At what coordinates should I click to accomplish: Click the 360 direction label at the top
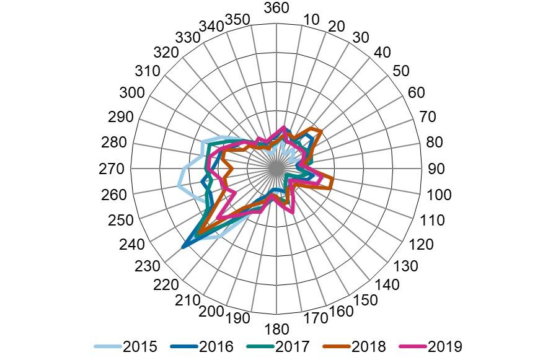pos(276,8)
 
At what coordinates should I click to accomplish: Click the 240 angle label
pos(131,245)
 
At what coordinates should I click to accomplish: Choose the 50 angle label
pos(401,71)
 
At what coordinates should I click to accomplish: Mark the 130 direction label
pos(407,266)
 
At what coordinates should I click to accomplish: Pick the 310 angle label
pos(148,71)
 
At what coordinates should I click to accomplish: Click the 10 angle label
pos(312,19)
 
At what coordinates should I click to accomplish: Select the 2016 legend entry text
pos(216,347)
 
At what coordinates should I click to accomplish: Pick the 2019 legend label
pos(445,347)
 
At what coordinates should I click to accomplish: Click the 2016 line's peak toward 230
pos(183,247)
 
